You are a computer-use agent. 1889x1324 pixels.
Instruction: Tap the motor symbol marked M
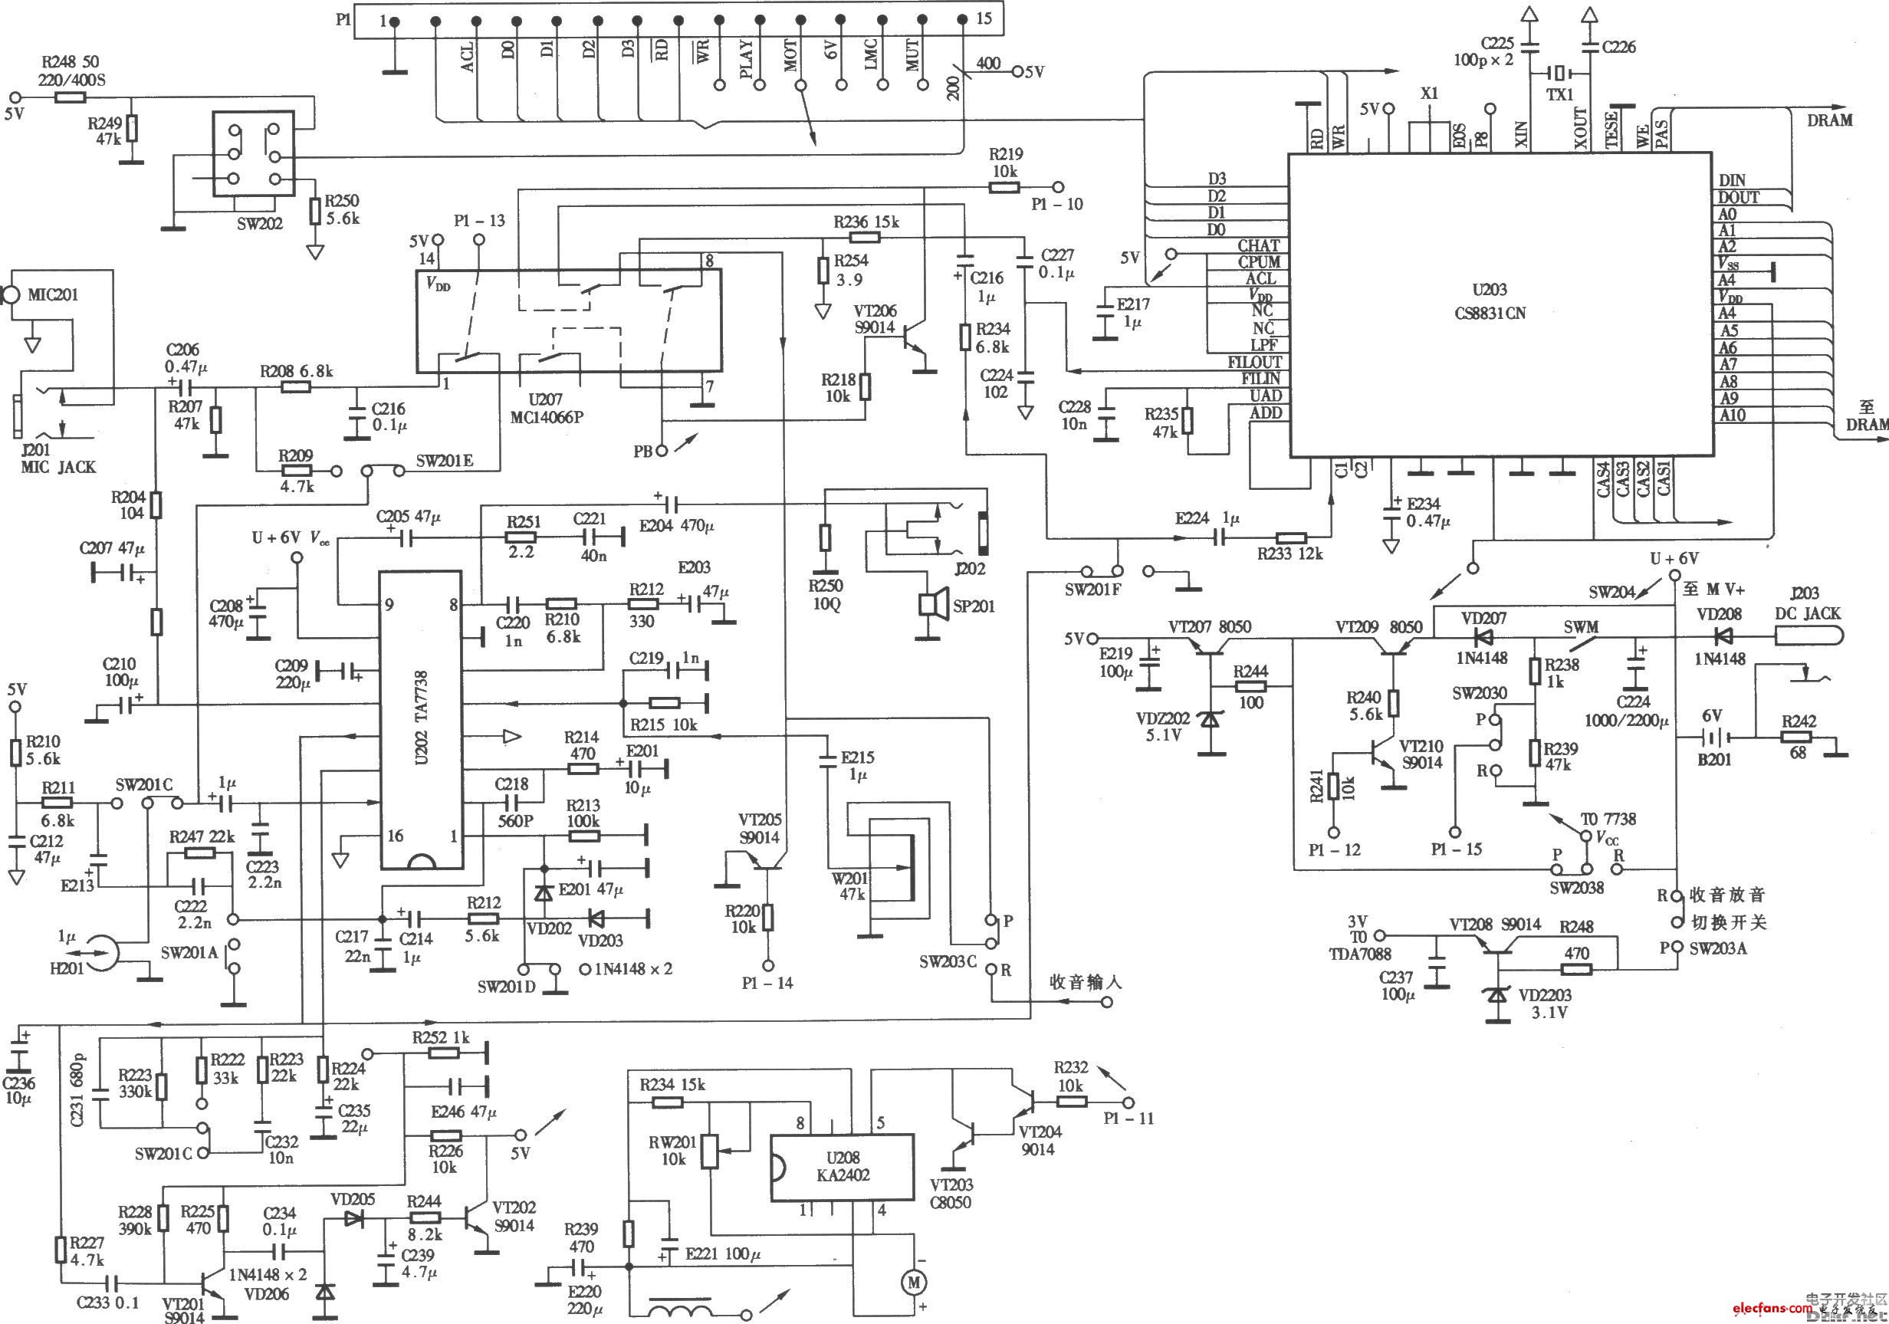point(913,1280)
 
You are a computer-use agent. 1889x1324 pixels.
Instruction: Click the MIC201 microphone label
point(53,294)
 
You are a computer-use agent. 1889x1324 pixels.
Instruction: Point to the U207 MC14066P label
point(546,408)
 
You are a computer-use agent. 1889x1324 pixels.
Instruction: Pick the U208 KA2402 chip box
point(842,1167)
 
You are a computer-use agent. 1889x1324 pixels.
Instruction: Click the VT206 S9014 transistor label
point(874,319)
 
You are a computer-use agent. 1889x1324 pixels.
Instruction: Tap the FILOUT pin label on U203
point(1254,362)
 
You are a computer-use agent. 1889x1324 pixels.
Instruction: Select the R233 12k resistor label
point(1289,554)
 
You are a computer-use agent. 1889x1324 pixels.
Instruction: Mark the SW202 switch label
point(259,223)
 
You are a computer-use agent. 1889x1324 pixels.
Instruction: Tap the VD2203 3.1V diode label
point(1544,1004)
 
